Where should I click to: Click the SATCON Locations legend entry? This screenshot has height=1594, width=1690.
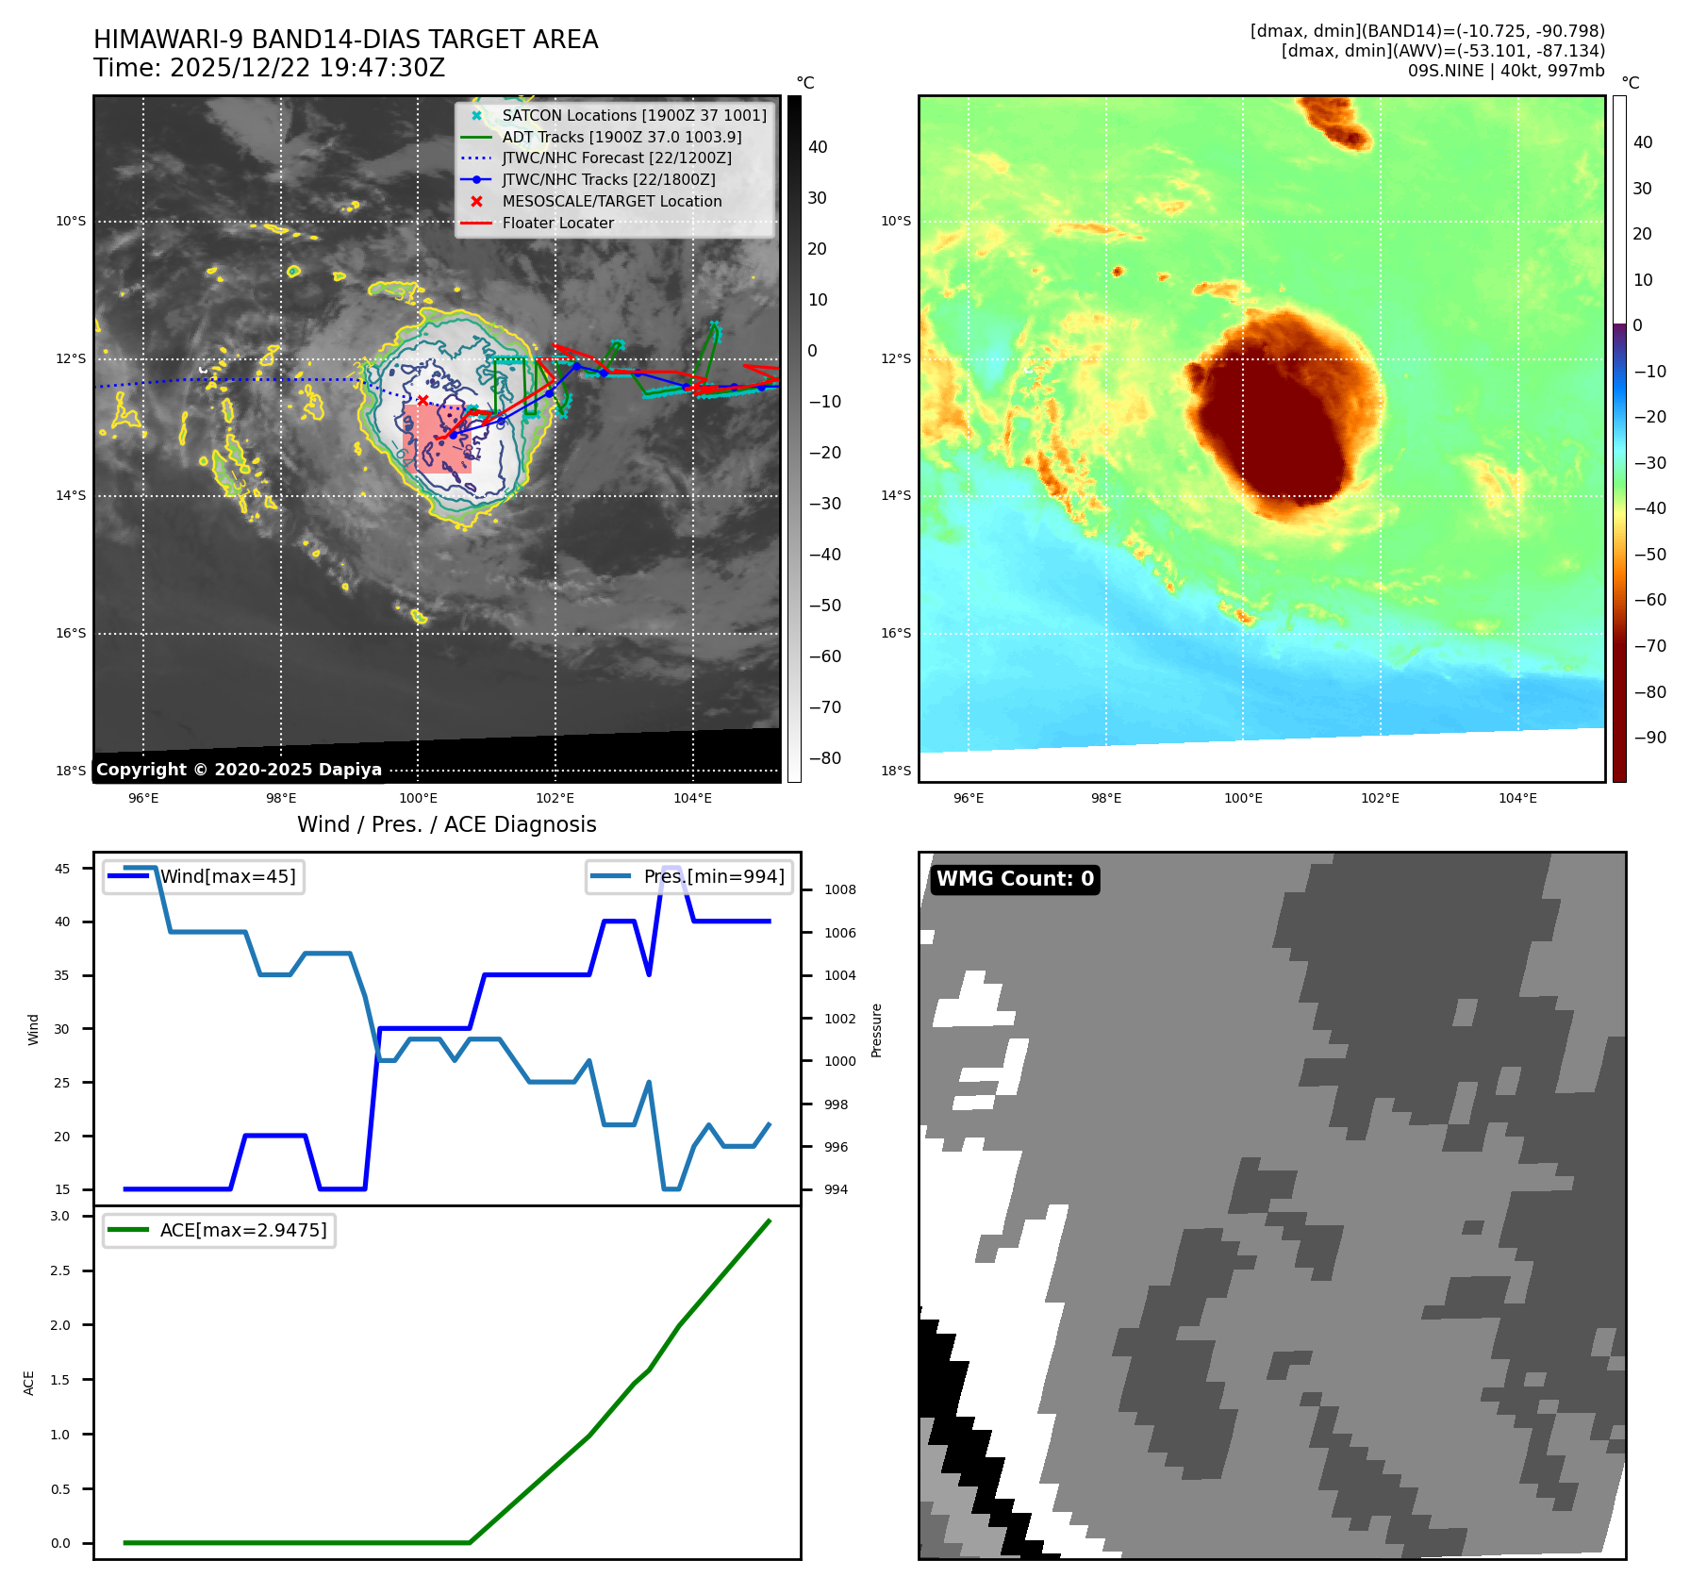[x=634, y=115]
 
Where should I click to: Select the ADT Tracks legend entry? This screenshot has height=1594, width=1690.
[x=621, y=137]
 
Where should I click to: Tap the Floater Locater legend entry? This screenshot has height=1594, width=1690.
[x=557, y=223]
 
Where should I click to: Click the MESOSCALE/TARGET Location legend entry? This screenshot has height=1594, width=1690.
[x=611, y=201]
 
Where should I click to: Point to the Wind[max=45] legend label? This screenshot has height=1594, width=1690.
[x=227, y=876]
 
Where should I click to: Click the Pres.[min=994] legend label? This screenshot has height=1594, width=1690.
[x=713, y=876]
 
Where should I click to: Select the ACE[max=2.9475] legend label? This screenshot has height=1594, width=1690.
[x=243, y=1230]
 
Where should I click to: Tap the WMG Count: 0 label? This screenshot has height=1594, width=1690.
[x=1015, y=879]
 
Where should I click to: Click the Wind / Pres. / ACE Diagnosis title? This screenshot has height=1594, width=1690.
[x=446, y=824]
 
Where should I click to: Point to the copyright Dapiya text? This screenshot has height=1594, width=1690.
[x=239, y=770]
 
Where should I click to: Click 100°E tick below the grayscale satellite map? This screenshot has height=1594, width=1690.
[x=418, y=798]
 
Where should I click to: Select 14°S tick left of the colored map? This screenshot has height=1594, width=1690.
[x=895, y=495]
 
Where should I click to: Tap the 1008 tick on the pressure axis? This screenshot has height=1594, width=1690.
[x=839, y=889]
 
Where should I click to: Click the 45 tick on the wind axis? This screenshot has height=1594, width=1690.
[x=62, y=869]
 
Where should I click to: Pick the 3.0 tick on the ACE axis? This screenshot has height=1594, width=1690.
[x=60, y=1216]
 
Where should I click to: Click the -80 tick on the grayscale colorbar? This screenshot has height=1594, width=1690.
[x=824, y=757]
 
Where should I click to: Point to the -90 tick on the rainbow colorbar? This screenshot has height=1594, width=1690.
[x=1649, y=737]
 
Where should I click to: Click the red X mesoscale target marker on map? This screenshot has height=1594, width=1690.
[x=422, y=400]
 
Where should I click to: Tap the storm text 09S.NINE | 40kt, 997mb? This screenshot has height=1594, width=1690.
[x=1505, y=71]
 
